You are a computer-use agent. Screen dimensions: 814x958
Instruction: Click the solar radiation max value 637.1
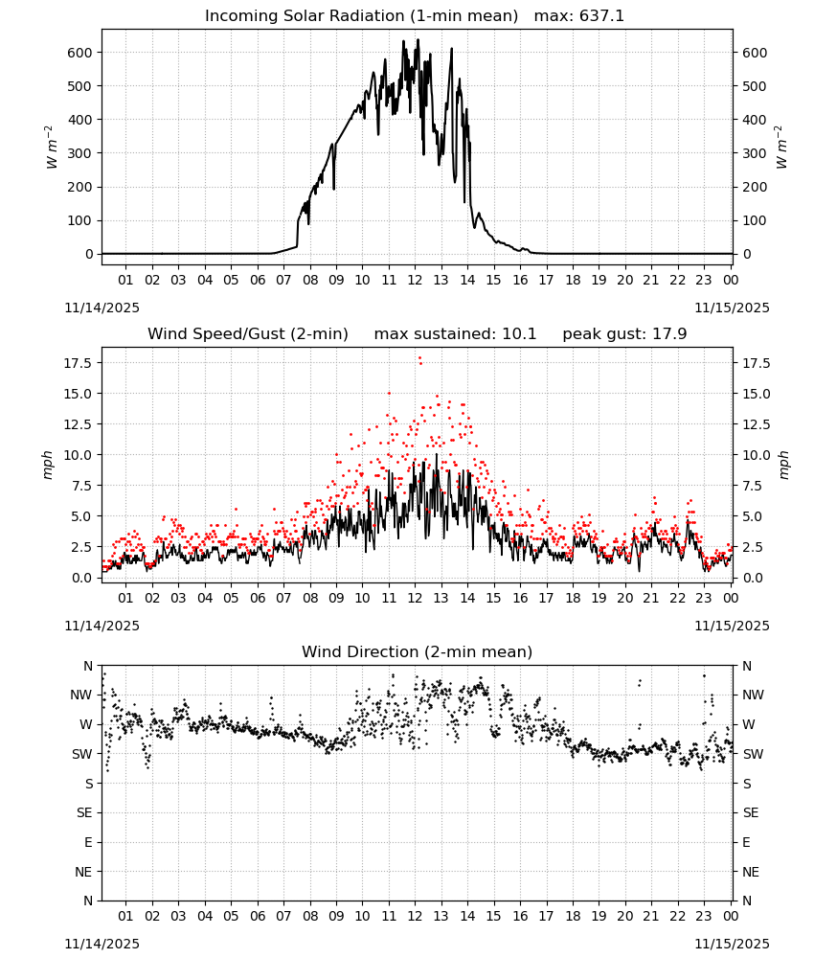(601, 16)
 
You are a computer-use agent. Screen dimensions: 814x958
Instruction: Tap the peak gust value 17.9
(667, 334)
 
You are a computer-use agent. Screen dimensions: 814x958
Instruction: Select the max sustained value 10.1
(519, 334)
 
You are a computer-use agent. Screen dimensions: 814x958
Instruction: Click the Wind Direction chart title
(418, 651)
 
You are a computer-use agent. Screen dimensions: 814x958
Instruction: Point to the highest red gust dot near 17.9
(419, 358)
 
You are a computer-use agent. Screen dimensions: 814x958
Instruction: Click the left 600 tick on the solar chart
(79, 53)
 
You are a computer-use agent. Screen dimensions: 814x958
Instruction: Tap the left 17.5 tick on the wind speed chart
(78, 363)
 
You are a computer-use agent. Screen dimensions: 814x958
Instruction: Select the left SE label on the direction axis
(84, 813)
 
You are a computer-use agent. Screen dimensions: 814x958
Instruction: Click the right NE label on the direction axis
(751, 873)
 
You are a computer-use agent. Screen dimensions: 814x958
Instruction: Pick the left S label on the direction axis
(88, 784)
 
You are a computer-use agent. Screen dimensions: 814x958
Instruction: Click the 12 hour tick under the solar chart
(416, 281)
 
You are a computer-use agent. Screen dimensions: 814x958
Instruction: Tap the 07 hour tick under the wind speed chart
(283, 598)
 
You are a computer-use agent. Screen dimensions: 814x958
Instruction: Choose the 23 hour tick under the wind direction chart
(704, 917)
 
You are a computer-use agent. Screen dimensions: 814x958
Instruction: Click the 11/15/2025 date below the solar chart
(732, 308)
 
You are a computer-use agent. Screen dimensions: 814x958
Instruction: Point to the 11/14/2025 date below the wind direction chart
(102, 944)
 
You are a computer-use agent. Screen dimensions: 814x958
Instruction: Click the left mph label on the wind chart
(48, 465)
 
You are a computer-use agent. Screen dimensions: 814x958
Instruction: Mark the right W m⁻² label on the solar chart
(781, 148)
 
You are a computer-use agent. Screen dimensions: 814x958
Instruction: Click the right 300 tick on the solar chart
(755, 154)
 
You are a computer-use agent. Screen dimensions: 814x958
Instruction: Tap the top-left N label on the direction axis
(88, 667)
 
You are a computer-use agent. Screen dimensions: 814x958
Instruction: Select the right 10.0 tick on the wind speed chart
(756, 455)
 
